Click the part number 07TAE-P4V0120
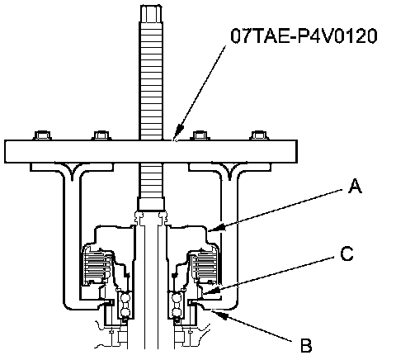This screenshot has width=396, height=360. tap(304, 36)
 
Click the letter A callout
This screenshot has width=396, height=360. tap(355, 186)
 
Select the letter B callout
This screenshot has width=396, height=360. tap(306, 346)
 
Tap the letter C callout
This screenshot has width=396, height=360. tap(347, 253)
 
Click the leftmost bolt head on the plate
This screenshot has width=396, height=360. tap(43, 135)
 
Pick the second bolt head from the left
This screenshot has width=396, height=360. tap(101, 135)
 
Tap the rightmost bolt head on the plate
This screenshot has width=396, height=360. tap(259, 135)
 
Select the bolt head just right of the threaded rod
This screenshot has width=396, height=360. tap(201, 135)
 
